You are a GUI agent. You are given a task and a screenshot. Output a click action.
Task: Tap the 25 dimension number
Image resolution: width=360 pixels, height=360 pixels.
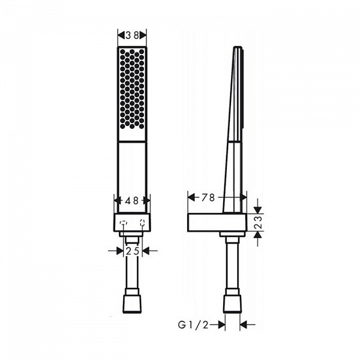click(133, 251)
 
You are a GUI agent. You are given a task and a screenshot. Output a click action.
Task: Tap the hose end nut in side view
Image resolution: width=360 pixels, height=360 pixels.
click(232, 303)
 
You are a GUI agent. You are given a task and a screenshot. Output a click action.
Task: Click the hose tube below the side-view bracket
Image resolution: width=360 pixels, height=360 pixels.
click(232, 264)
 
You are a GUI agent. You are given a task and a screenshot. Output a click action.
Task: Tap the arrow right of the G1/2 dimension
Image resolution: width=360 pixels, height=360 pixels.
click(247, 325)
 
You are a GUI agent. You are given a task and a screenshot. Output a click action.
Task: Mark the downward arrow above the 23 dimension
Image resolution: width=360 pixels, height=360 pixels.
click(258, 207)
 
